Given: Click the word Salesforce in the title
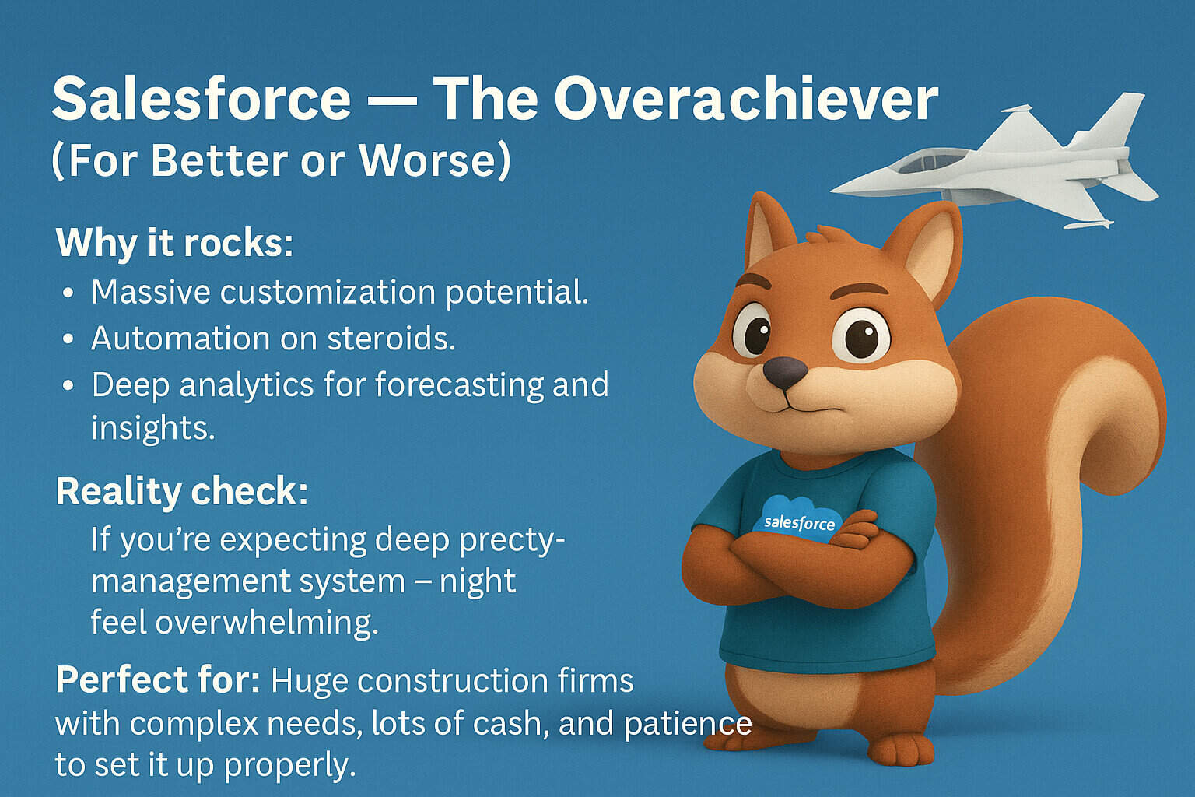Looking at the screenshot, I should (201, 99).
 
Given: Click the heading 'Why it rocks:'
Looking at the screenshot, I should (174, 243).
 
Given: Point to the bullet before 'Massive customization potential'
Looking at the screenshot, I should (69, 293).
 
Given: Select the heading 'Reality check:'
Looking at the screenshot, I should (182, 492).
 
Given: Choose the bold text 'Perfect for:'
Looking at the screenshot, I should (158, 680).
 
